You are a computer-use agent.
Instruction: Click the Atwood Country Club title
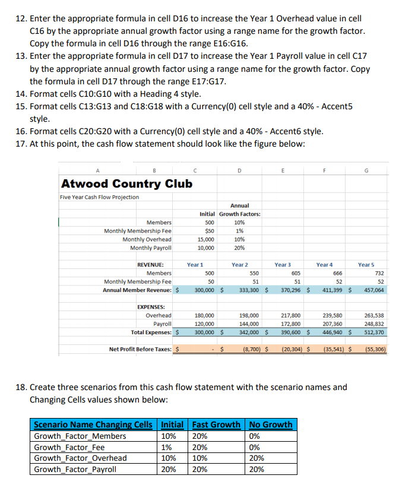click(126, 183)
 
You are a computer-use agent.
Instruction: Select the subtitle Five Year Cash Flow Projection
click(100, 197)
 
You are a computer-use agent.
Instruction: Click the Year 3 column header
click(283, 264)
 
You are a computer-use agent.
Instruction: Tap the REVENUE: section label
click(154, 264)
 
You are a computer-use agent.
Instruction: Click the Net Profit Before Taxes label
click(141, 349)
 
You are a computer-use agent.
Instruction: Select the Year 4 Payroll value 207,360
click(332, 324)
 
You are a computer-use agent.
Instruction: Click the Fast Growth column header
click(217, 425)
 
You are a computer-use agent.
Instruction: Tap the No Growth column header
click(271, 425)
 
